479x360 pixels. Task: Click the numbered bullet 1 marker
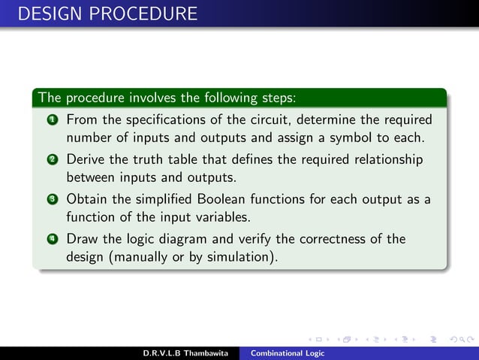tap(52, 120)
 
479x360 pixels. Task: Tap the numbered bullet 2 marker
tap(52, 160)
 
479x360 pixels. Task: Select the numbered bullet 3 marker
tap(52, 200)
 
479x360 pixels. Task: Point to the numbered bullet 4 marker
tap(52, 240)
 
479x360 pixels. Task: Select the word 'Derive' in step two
tap(86, 160)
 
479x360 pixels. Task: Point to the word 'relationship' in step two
tap(386, 160)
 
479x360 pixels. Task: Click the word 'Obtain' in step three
tap(88, 200)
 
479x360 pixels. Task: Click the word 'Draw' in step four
tap(82, 240)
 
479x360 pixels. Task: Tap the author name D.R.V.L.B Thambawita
tap(185, 353)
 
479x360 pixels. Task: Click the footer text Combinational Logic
tap(288, 353)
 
